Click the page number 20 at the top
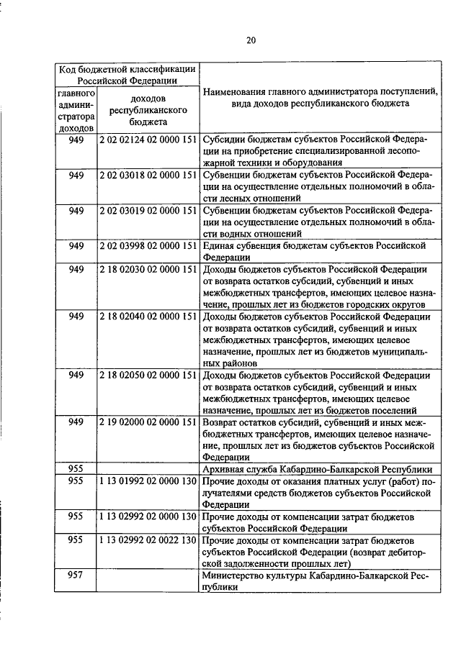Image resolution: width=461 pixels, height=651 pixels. pos(250,40)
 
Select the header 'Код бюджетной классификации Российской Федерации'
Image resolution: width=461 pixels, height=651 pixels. pos(127,75)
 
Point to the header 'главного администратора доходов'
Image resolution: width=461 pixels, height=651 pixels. pos(76,110)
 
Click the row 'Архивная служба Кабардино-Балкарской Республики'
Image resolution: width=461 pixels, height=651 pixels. pos(318,468)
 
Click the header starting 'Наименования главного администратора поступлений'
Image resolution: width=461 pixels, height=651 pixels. pos(320,98)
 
